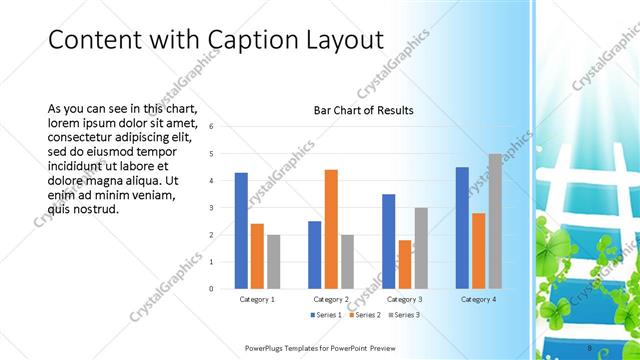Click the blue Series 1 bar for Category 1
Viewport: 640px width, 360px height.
[x=241, y=231]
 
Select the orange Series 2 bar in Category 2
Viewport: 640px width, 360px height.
[x=331, y=229]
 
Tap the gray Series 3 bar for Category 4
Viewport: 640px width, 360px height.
[x=495, y=221]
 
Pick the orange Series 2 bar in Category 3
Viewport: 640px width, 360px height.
[x=405, y=264]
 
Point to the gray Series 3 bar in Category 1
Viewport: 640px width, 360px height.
[x=273, y=262]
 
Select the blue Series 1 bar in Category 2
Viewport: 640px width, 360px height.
[x=315, y=255]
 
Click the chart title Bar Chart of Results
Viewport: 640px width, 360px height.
[x=363, y=110]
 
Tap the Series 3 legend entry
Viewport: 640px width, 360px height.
[x=402, y=315]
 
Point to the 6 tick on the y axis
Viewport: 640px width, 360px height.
[x=211, y=127]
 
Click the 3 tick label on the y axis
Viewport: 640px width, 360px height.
[x=211, y=208]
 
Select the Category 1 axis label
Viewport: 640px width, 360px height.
[x=257, y=299]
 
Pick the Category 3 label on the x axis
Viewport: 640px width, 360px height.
[x=404, y=299]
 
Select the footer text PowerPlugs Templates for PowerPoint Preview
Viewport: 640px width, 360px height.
[x=319, y=347]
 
